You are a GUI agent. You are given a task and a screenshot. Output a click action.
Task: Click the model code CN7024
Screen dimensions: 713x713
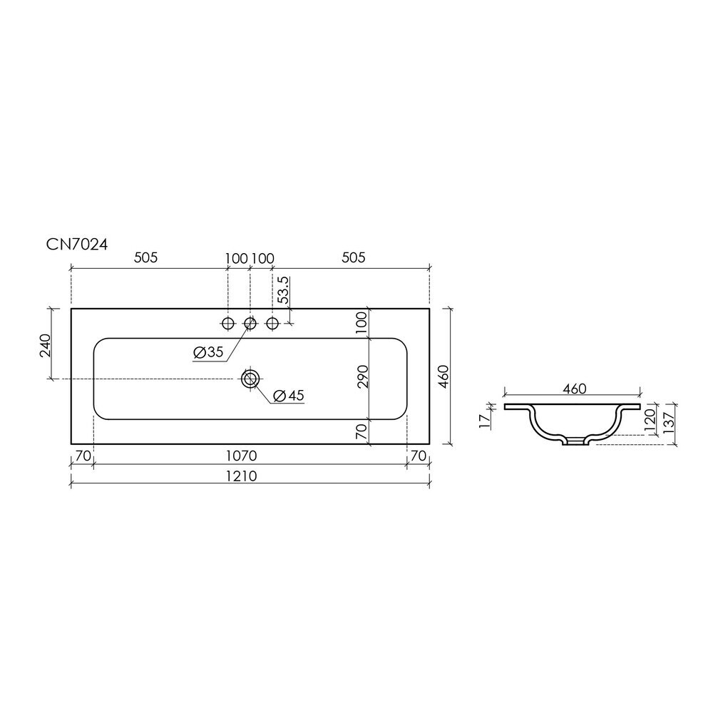coord(77,245)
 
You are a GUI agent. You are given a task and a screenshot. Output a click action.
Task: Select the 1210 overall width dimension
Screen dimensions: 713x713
coord(242,476)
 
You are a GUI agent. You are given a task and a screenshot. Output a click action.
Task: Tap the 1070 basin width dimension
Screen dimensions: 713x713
coord(242,455)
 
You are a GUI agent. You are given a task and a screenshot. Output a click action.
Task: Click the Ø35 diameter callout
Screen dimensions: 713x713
coord(208,352)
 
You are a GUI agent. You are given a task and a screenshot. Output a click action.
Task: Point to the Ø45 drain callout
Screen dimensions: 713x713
coord(289,396)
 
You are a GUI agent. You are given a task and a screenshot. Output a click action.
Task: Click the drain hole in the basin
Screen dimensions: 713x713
coord(250,379)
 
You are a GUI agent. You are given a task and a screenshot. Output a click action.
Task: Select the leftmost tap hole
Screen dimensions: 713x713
coord(227,323)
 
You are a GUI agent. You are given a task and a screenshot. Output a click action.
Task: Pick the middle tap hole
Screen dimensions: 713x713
coord(250,323)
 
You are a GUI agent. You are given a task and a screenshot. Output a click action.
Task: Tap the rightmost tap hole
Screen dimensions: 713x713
coord(272,323)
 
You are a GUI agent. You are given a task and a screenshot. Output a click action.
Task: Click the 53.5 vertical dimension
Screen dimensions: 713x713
coord(283,289)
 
